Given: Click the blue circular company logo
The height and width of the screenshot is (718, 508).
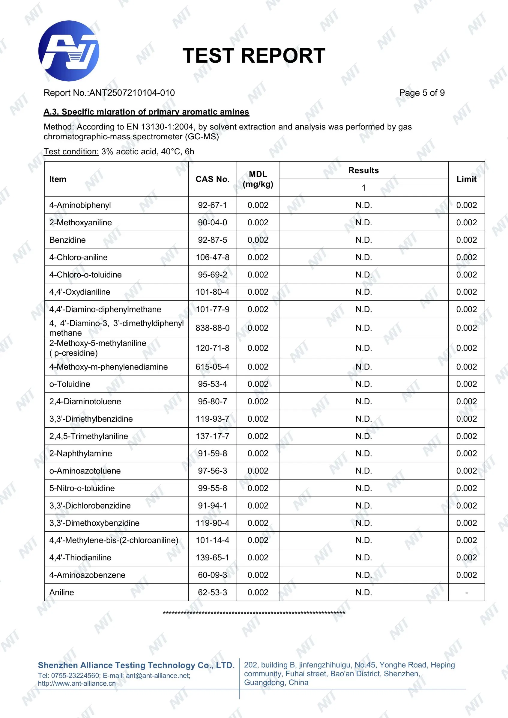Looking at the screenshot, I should [69, 51].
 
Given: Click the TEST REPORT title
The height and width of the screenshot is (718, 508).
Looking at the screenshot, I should [254, 56].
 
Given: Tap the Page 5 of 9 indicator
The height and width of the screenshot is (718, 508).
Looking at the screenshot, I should [422, 93].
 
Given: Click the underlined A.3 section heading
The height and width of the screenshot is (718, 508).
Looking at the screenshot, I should [146, 112].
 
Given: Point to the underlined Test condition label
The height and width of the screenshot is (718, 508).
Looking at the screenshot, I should [71, 152].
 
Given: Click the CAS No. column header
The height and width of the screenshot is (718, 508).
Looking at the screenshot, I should [213, 179].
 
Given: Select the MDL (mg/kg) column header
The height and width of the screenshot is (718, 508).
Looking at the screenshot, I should [258, 179].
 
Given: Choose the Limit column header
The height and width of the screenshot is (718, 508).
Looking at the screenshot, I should [466, 179].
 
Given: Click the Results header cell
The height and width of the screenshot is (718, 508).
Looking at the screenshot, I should [363, 171].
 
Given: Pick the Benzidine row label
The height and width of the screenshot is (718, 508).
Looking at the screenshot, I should [67, 240].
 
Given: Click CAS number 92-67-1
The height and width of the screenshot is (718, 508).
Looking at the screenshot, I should [213, 205].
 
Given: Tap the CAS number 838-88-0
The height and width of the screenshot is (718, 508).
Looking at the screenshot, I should [213, 328].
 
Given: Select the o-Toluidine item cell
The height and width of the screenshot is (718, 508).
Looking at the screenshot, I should [70, 384].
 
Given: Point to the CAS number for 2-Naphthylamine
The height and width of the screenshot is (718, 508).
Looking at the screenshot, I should [213, 453].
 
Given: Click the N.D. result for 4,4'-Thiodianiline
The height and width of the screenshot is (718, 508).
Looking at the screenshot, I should [363, 558].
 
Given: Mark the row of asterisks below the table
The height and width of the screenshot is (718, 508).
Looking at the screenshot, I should [254, 613].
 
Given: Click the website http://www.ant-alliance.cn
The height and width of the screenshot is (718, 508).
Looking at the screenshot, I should [77, 683].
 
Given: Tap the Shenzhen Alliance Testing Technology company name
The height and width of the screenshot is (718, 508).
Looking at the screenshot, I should [136, 665].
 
